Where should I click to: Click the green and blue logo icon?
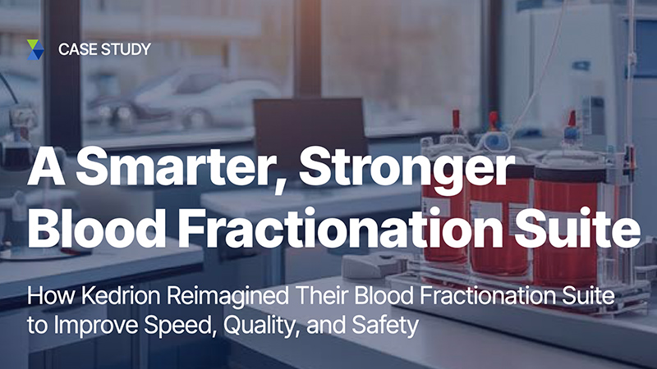pyautogui.click(x=35, y=50)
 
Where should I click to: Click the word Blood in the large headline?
pyautogui.click(x=96, y=229)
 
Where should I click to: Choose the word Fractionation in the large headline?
pyautogui.click(x=340, y=229)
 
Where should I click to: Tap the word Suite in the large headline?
pyautogui.click(x=577, y=229)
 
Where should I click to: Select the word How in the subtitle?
pyautogui.click(x=52, y=296)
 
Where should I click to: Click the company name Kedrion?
pyautogui.click(x=121, y=296)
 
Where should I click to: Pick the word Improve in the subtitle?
pyautogui.click(x=96, y=326)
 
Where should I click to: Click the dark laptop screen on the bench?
pyautogui.click(x=310, y=125)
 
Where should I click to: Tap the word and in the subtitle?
pyautogui.click(x=326, y=326)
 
